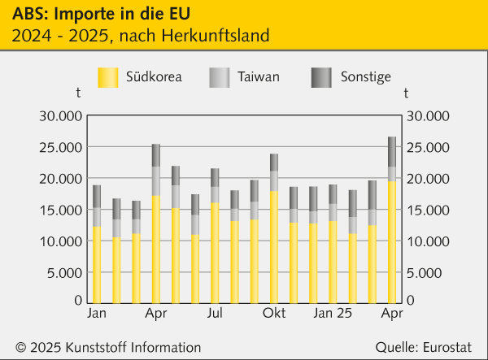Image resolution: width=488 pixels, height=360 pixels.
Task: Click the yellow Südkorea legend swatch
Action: [108, 77]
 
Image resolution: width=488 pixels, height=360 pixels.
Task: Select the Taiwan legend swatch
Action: [220, 77]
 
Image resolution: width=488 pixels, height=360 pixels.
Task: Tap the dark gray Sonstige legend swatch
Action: [321, 77]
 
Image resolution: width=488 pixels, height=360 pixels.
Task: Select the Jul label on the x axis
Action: [216, 313]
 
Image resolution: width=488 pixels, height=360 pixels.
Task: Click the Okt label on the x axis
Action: [273, 313]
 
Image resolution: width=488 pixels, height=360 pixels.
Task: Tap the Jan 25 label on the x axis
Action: [333, 313]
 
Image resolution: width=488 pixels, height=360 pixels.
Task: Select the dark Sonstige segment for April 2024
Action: [156, 155]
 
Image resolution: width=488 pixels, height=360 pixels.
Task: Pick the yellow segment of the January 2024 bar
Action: [97, 264]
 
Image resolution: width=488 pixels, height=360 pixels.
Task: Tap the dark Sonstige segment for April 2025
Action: [392, 151]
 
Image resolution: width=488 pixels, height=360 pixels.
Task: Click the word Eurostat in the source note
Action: [450, 347]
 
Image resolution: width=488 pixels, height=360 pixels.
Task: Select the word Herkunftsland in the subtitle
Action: [217, 36]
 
